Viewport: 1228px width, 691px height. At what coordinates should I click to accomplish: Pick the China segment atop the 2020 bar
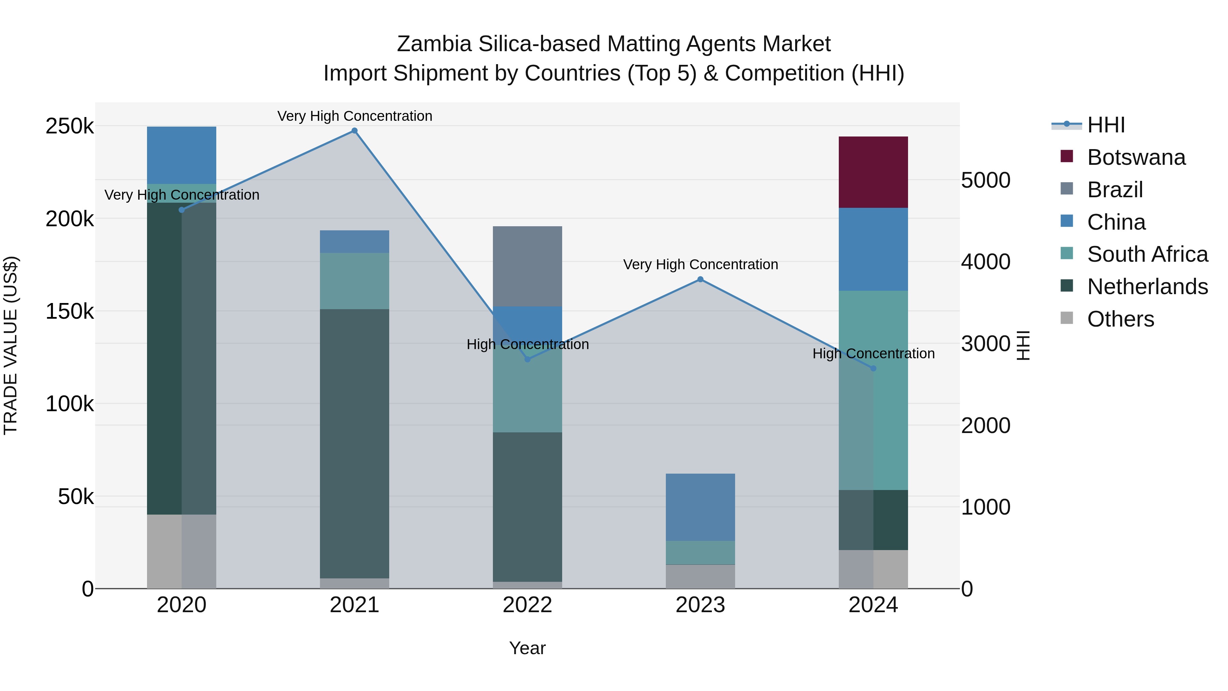181,155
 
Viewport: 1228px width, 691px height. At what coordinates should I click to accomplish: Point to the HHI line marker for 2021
354,131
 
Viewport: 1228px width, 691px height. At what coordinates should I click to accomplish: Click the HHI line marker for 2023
700,279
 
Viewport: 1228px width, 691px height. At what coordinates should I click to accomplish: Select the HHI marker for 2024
873,368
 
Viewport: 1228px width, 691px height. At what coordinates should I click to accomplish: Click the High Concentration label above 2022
527,344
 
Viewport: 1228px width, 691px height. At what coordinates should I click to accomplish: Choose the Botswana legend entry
1136,157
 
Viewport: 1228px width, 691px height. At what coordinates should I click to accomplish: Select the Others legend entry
1120,319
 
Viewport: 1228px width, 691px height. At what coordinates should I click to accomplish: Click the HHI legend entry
1106,125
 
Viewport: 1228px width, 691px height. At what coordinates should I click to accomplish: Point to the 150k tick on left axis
70,312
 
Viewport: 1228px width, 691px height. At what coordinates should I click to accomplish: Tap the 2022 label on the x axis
527,605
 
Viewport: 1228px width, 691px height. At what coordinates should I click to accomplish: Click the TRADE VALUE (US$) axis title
11,345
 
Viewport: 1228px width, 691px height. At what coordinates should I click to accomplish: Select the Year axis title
527,648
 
